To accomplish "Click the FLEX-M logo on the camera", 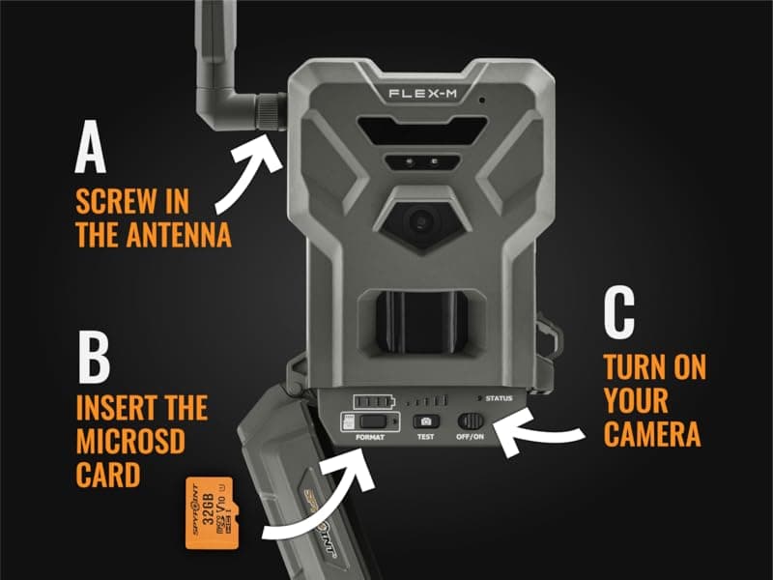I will (422, 94).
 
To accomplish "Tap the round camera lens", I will (420, 221).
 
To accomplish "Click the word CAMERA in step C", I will (652, 432).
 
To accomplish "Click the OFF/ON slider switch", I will (472, 421).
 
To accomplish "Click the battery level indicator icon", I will (375, 400).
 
